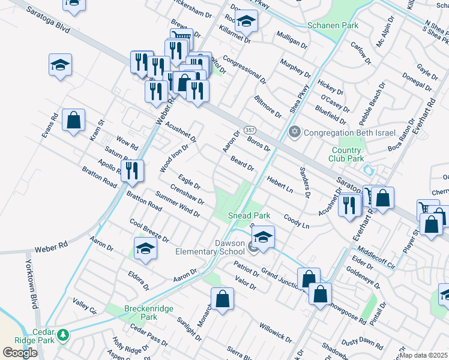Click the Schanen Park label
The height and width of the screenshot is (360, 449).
[333, 25]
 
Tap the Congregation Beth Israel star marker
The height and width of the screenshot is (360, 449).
[294, 132]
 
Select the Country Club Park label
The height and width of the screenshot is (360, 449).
[346, 154]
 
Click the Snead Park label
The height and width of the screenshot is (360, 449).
[249, 215]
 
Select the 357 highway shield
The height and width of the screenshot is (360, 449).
[251, 130]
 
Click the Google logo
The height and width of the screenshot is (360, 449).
[20, 353]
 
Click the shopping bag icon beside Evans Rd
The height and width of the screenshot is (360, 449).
[73, 120]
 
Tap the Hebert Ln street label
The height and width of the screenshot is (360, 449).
[280, 183]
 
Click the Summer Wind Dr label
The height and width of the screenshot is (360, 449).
[177, 204]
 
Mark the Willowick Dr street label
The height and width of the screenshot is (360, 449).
[275, 334]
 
